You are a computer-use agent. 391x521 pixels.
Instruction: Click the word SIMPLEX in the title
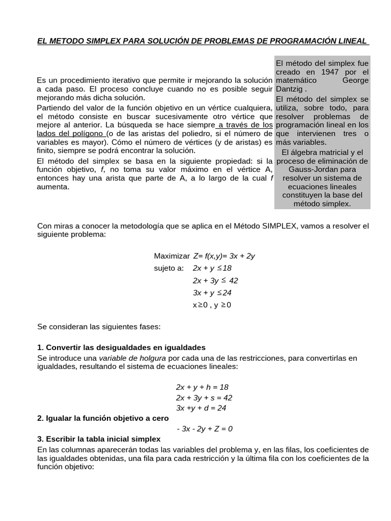point(100,41)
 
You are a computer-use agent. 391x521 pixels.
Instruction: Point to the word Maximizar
point(172,256)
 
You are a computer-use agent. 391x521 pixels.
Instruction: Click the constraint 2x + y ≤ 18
point(212,268)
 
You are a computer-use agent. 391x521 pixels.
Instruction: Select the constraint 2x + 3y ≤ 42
point(215,280)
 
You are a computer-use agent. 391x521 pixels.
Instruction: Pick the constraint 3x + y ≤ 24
point(212,293)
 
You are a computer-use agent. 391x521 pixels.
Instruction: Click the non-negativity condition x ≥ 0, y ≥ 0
point(212,305)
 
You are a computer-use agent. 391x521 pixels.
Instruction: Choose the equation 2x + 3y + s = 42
point(204,397)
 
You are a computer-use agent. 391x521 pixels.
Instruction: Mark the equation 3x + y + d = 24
point(201,408)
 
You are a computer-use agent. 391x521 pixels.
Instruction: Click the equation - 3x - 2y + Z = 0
point(205,428)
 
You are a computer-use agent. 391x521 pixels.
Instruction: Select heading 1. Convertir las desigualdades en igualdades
point(121,348)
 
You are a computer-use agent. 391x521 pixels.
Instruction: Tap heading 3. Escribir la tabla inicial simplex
point(99,439)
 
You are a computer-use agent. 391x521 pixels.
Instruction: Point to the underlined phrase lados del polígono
point(71,133)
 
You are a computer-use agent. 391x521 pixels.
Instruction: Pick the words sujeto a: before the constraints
point(169,268)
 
